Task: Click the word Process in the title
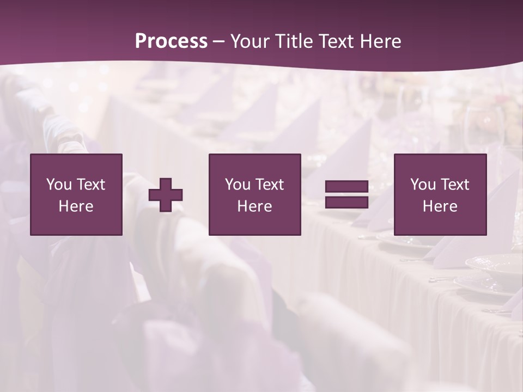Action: pos(171,41)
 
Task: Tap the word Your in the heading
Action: pos(251,41)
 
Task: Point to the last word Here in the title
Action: pos(381,41)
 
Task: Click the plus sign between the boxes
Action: pos(166,195)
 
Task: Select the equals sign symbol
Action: pos(346,195)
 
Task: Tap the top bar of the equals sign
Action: pos(346,187)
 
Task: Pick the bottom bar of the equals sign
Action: pos(346,203)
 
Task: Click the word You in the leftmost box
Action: pos(59,185)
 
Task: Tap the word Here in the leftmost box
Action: pos(76,206)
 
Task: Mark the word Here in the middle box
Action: pos(255,206)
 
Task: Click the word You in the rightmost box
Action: pos(423,185)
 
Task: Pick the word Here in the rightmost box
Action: pos(440,206)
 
